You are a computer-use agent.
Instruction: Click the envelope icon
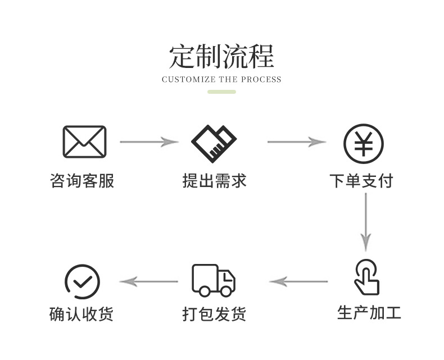[x=84, y=142]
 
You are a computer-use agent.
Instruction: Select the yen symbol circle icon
[x=364, y=143]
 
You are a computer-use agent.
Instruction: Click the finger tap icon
[x=366, y=277]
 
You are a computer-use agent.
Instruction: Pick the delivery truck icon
[x=214, y=280]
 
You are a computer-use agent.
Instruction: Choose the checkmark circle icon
[x=82, y=281]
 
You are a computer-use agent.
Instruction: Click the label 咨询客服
[x=82, y=181]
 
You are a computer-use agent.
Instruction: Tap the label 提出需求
[x=214, y=181]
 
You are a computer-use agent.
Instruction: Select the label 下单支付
[x=361, y=181]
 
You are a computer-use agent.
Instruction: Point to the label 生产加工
[x=369, y=312]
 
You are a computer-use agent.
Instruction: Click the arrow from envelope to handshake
[x=149, y=142]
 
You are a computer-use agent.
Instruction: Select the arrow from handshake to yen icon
[x=296, y=142]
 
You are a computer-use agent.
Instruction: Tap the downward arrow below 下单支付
[x=366, y=222]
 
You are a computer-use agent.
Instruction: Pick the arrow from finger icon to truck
[x=298, y=281]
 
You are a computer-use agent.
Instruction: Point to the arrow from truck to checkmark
[x=149, y=281]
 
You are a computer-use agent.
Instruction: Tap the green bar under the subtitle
[x=221, y=92]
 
